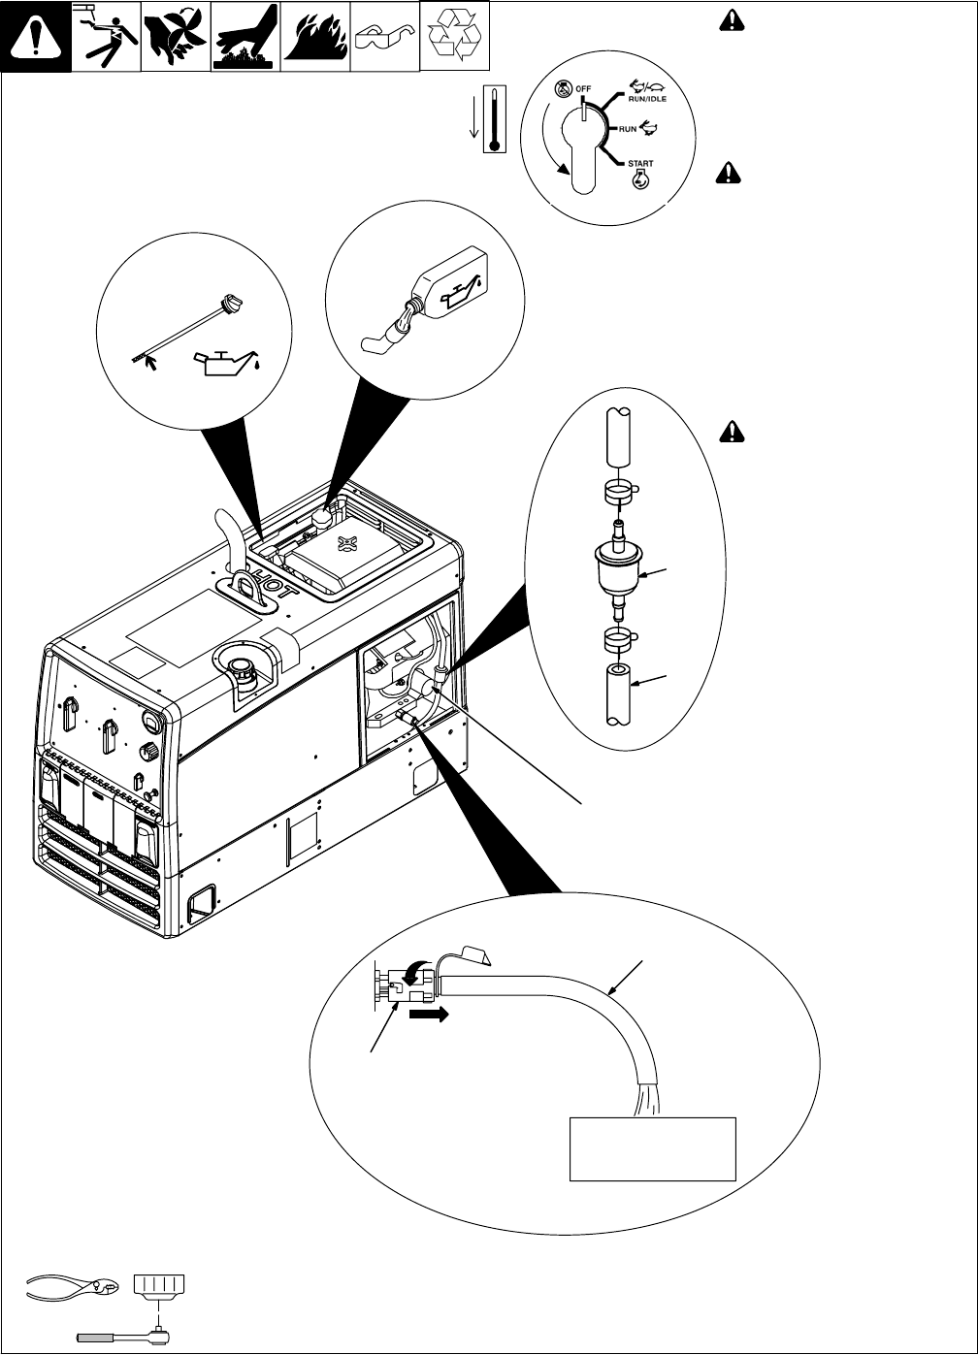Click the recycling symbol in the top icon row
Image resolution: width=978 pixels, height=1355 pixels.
point(453,36)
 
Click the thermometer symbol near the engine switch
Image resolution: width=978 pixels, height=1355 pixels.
point(497,118)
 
